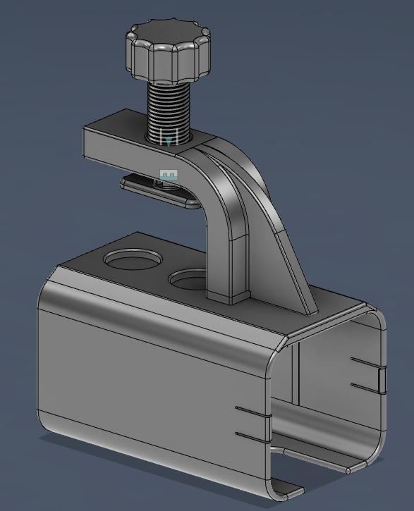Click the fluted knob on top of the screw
pyautogui.click(x=168, y=52)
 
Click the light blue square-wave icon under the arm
pyautogui.click(x=169, y=175)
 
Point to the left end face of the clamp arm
pyautogui.click(x=94, y=145)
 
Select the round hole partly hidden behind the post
pyautogui.click(x=188, y=281)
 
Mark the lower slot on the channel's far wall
pyautogui.click(x=367, y=387)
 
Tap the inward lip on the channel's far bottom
pyautogui.click(x=357, y=464)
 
